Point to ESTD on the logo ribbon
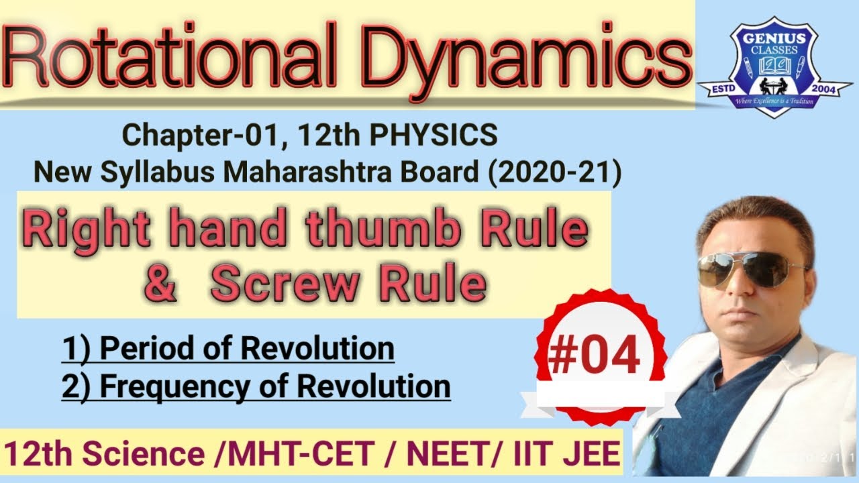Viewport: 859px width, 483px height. [719, 89]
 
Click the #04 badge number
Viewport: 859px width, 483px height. [593, 356]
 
